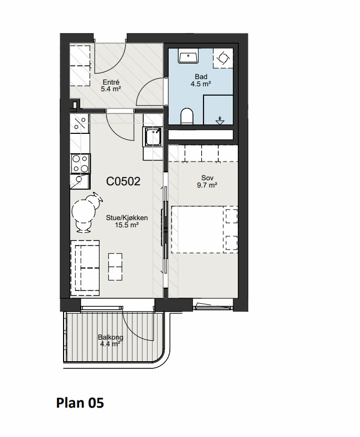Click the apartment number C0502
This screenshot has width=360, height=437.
point(123,181)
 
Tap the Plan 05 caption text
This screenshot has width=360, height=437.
point(80,403)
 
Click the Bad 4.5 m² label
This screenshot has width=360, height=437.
point(201,80)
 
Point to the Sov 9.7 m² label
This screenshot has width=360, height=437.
point(207,181)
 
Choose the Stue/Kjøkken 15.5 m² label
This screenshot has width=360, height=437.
point(127,221)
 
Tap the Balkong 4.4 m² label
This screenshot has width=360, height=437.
point(111,341)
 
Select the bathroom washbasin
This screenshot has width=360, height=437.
point(189,56)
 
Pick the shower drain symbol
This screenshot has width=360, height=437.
point(220,121)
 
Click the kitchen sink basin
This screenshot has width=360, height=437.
point(152,137)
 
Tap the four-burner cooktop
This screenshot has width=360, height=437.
point(80,164)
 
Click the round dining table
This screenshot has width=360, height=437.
point(82,212)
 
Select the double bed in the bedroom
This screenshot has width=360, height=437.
point(204,230)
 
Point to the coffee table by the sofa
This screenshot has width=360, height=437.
point(115,267)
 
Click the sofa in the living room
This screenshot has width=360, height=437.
point(85,268)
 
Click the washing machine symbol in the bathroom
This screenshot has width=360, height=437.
point(223,58)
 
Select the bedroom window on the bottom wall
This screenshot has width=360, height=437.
point(213,305)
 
